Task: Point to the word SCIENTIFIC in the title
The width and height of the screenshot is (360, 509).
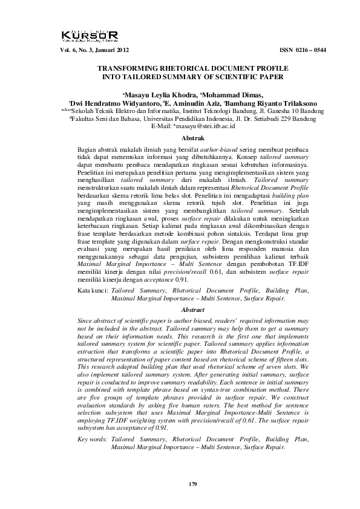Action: click(x=231, y=78)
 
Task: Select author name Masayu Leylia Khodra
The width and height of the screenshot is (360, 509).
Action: click(x=160, y=95)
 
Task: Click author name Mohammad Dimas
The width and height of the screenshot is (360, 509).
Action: click(x=235, y=95)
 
